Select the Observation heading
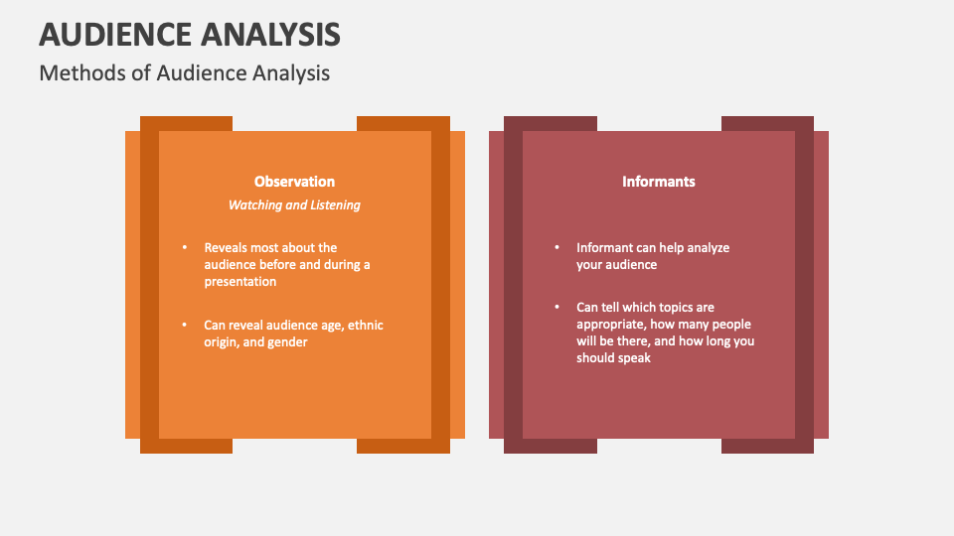pyautogui.click(x=294, y=182)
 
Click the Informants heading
pyautogui.click(x=658, y=182)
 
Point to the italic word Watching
pyautogui.click(x=255, y=205)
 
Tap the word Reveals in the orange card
pyautogui.click(x=227, y=248)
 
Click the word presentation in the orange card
pyautogui.click(x=240, y=282)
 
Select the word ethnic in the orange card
pyautogui.click(x=365, y=326)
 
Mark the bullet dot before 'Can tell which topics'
pyautogui.click(x=556, y=308)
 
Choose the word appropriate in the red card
pyautogui.click(x=611, y=325)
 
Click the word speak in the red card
pyautogui.click(x=634, y=358)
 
